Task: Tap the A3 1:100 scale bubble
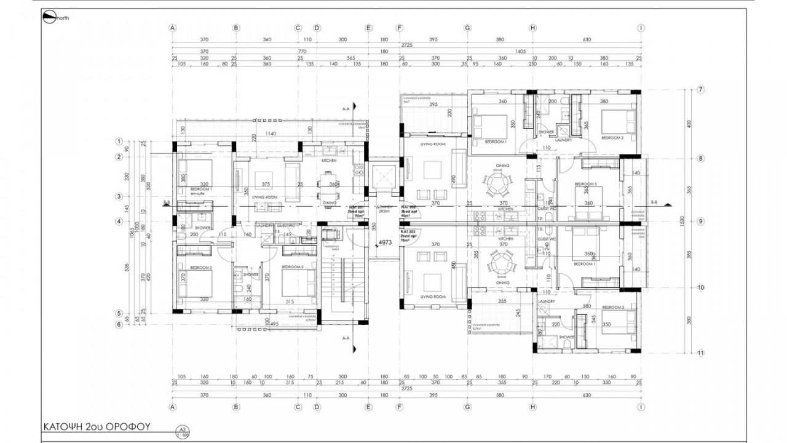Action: pos(182,431)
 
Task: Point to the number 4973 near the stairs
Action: pos(386,242)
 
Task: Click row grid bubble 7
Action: pos(700,90)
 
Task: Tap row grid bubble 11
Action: pos(700,353)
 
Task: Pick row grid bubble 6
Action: pos(119,325)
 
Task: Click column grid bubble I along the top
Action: pos(641,28)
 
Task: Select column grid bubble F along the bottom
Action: pos(400,407)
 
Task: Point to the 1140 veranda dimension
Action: pos(267,134)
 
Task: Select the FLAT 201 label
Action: pos(357,207)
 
